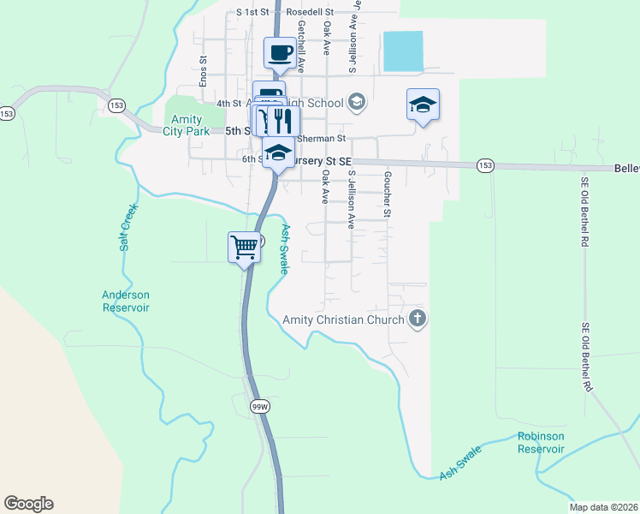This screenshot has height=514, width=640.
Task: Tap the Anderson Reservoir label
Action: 126,301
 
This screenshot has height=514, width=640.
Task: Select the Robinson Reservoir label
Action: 541,442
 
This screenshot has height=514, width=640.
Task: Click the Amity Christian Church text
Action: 343,320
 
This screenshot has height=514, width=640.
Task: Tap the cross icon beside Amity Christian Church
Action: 418,320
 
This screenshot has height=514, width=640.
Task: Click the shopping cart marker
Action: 245,247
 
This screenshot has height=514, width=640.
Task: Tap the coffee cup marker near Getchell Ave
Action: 281,54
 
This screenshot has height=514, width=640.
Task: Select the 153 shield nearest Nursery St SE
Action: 485,165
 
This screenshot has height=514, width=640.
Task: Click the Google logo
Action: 28,504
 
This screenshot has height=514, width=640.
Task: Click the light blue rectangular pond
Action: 403,51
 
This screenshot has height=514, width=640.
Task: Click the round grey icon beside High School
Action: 357,103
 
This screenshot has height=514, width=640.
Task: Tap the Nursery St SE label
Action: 321,160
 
